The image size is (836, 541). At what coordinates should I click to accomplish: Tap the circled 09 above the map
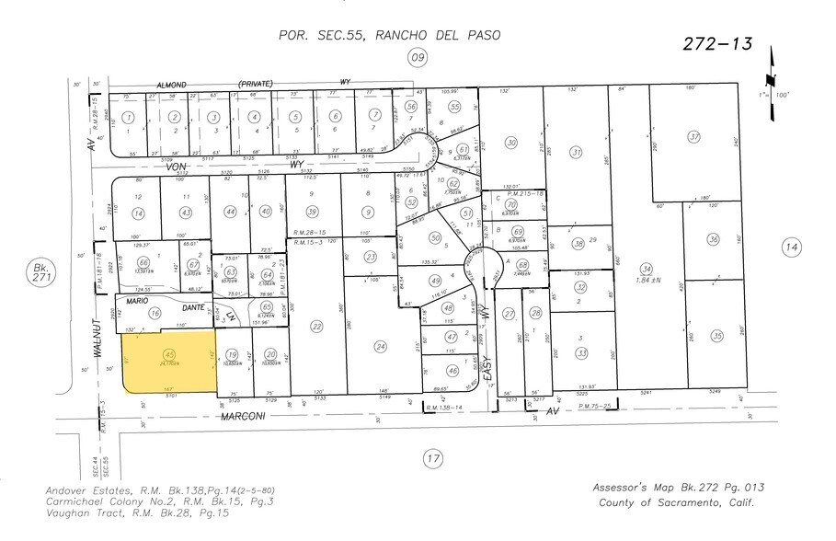(418, 58)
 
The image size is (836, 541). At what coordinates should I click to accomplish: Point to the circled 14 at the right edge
(790, 247)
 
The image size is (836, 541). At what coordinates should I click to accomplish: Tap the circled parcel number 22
(316, 326)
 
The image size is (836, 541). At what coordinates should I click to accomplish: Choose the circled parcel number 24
(380, 346)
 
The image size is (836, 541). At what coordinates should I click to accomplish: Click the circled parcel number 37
(695, 136)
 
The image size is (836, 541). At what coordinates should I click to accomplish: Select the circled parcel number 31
(577, 152)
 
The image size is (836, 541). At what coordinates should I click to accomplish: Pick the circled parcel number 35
(716, 336)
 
